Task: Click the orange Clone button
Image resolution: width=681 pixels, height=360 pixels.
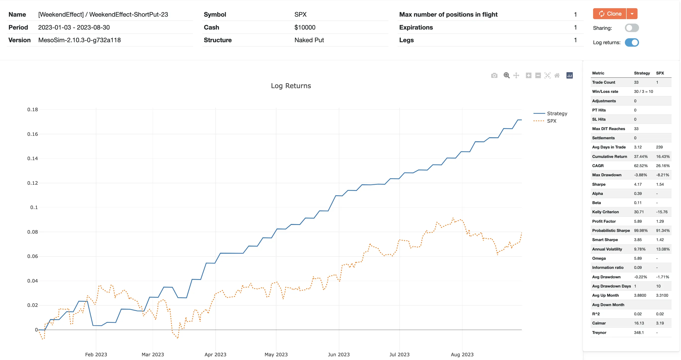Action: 609,14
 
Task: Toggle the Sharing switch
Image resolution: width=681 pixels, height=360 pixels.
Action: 632,28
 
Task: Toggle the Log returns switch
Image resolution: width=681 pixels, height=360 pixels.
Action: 632,42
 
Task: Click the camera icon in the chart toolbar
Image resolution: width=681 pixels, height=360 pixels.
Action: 494,75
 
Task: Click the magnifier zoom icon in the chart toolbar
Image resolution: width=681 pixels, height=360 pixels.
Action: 506,75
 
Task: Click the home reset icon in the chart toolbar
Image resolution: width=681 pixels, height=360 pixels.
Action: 557,75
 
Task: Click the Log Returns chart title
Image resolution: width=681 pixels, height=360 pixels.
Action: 291,86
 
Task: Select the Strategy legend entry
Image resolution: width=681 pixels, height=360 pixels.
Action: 557,113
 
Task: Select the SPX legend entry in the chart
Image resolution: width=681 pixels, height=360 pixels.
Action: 551,121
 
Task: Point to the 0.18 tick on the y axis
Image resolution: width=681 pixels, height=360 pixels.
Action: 33,109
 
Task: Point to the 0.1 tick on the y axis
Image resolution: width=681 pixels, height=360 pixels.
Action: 34,207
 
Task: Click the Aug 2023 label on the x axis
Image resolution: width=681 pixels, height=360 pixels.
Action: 462,355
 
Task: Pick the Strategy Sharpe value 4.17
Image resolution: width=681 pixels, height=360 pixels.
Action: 638,184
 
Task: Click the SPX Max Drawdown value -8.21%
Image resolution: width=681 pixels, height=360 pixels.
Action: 662,175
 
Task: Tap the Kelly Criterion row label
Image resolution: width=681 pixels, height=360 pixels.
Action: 605,212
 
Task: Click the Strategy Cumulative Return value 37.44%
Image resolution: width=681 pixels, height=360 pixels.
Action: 641,156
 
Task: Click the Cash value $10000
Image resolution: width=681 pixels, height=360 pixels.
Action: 305,27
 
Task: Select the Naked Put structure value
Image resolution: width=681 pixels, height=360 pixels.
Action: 309,40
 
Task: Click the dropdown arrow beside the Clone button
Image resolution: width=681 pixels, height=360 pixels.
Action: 632,14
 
